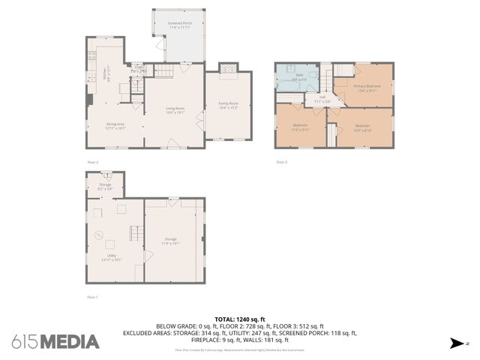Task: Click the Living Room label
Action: pos(175,111)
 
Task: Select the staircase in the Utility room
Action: pos(136,234)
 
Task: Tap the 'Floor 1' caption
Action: pos(92,297)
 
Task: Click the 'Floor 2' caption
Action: pos(92,161)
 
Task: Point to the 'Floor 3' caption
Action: pos(281,161)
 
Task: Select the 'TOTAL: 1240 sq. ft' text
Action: pos(240,319)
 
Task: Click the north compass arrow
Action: pos(455,343)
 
